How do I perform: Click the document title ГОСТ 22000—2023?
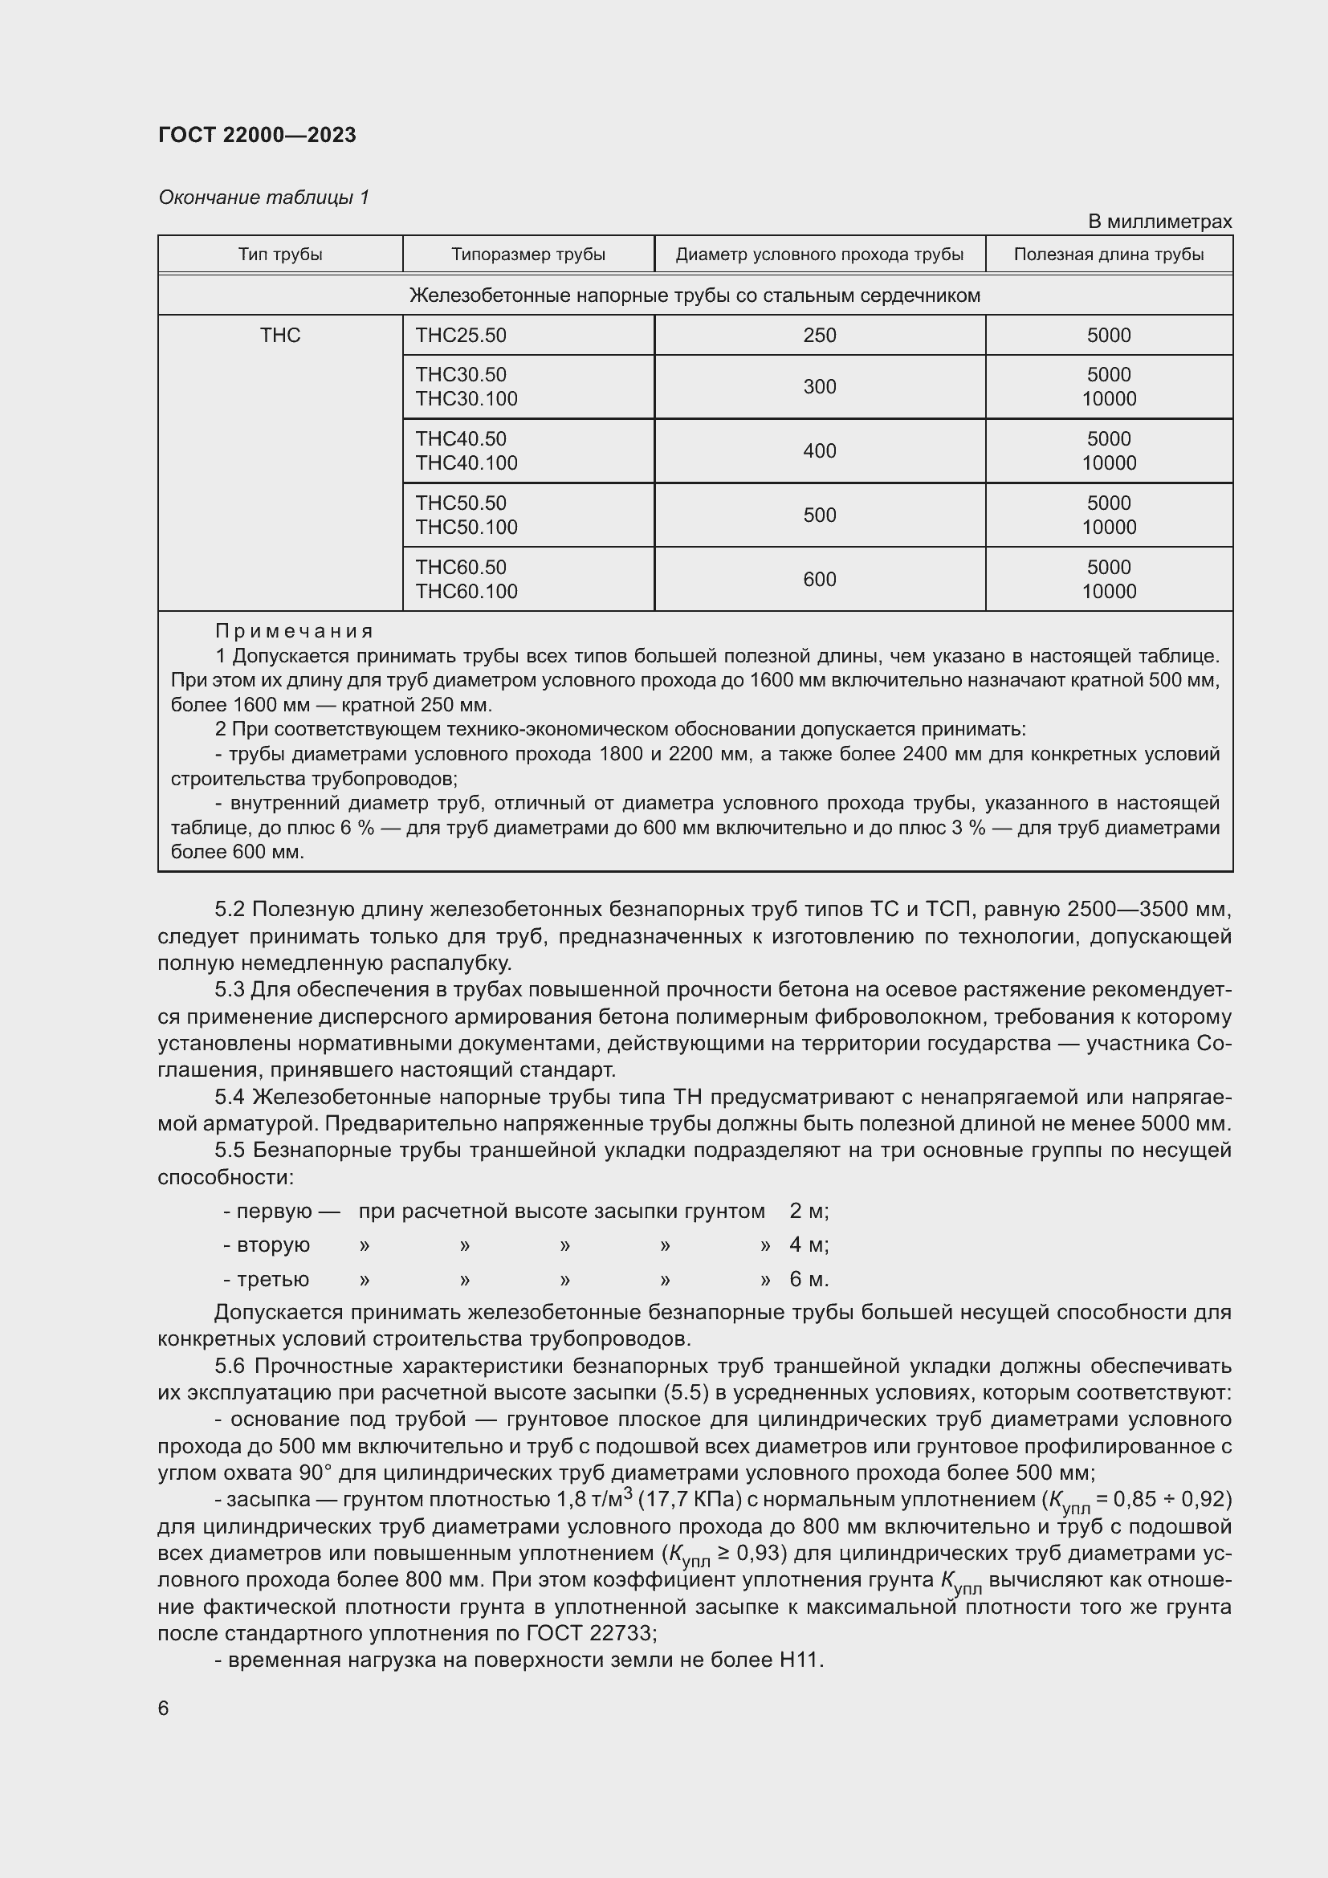tap(257, 135)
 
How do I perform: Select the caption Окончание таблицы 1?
tap(263, 198)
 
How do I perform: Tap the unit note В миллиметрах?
tap(1159, 222)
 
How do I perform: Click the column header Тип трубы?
tap(279, 255)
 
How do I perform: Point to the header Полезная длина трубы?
tap(1108, 255)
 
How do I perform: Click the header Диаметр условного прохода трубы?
tap(820, 255)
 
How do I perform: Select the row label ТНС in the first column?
tap(279, 336)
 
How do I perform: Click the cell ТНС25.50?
tap(460, 336)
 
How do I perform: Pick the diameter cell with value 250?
tap(820, 336)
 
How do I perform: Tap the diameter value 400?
tap(820, 450)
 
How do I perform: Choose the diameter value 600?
tap(820, 579)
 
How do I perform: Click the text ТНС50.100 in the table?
tap(466, 528)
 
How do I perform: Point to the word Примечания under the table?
tap(295, 631)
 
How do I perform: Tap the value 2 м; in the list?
tap(809, 1211)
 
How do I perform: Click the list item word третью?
tap(272, 1279)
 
